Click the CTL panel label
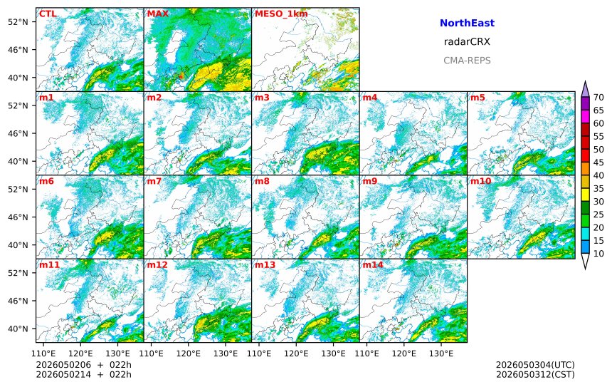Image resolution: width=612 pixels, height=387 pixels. pos(48,14)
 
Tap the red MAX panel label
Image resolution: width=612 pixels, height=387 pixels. pos(158,14)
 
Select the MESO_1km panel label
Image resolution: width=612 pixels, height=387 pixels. pos(281,14)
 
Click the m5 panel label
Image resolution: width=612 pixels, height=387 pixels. pos(478,98)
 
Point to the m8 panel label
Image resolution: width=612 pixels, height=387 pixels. pos(263,181)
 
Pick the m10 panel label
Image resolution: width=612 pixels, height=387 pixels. pos(480,181)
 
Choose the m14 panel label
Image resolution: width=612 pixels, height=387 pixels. pos(373,264)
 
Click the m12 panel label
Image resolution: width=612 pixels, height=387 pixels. pos(157,264)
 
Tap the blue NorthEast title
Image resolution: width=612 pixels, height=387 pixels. pos(467,23)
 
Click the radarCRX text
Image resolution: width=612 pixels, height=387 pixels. pos(467,42)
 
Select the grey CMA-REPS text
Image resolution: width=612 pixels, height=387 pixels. pos(467,61)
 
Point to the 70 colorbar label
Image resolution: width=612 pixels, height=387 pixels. pos(598,98)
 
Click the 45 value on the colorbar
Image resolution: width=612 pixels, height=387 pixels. pos(598,162)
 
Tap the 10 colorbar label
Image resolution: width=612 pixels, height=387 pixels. pos(598,254)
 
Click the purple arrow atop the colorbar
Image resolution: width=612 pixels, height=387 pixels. pos(585,89)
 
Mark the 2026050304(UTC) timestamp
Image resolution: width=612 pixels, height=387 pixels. pos(535,365)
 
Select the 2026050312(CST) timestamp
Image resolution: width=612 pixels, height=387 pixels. pos(535,374)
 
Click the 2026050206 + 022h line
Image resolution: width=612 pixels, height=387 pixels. pos(84,365)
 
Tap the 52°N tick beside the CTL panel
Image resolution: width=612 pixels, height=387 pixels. pos(18,22)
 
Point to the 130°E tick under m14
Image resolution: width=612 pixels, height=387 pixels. pos(441,354)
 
